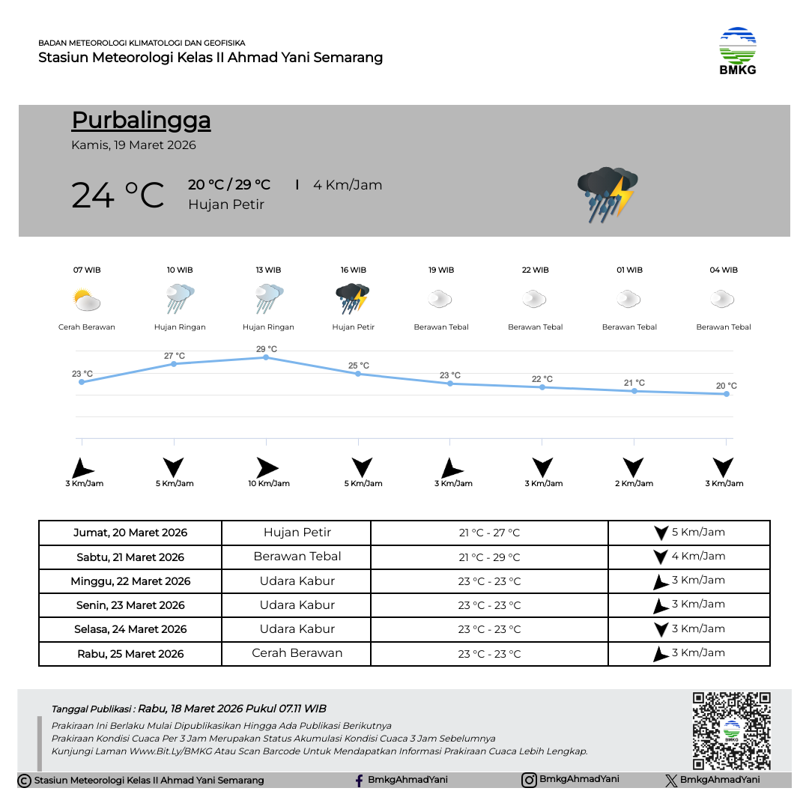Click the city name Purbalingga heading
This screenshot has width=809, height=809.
point(141,121)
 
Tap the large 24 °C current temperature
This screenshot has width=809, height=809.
point(118,195)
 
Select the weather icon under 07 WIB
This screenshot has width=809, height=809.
point(87,301)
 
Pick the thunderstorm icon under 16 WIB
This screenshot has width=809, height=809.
point(353,298)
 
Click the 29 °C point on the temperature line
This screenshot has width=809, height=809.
point(266,358)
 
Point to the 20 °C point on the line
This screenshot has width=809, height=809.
point(727,394)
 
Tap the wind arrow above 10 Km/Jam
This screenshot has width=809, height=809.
point(267,468)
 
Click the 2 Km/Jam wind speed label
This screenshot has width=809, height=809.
point(634,484)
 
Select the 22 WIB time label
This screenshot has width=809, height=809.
point(535,270)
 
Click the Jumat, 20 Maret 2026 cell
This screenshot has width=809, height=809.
point(130,533)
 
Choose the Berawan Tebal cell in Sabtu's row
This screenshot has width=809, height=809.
point(297,557)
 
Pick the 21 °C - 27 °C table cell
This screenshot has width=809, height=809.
point(489,533)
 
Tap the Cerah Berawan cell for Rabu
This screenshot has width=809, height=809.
point(297,653)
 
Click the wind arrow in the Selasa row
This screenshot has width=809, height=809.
point(661,629)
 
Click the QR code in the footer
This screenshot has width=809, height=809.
point(731,730)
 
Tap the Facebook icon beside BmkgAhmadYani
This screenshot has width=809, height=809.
point(360,781)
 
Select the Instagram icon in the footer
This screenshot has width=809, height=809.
point(529,780)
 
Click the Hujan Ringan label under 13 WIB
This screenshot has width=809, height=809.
point(268,327)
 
